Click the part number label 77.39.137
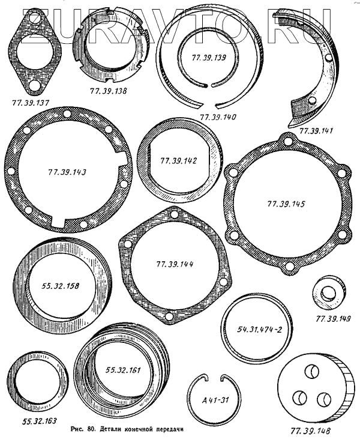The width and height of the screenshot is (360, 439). (31, 103)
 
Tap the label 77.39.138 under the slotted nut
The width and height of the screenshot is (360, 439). (108, 91)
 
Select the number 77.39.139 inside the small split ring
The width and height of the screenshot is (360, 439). (209, 58)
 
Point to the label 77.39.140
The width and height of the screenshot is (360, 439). (218, 117)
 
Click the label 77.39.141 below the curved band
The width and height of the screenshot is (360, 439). (316, 131)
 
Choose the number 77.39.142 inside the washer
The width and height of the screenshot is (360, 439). (178, 161)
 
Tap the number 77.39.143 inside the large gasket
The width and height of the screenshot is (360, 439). (67, 172)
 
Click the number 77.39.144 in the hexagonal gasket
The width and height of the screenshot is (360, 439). (175, 264)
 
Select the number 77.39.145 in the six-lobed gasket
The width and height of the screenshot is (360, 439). (286, 204)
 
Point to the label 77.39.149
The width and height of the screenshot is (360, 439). (333, 319)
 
